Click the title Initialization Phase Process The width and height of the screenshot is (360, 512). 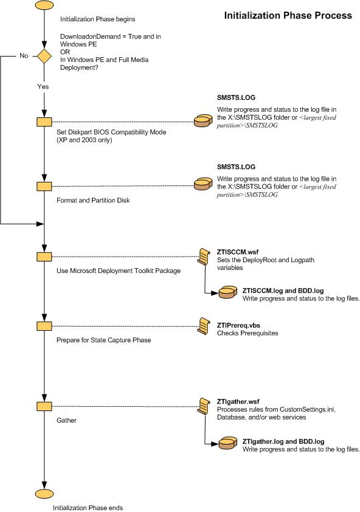tap(288, 15)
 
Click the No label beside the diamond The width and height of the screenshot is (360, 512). tap(24, 56)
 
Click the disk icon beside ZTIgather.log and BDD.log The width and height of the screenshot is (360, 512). tap(228, 445)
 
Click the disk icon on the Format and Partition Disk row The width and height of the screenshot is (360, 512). tap(202, 184)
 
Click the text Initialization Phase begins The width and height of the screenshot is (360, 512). tap(97, 19)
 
